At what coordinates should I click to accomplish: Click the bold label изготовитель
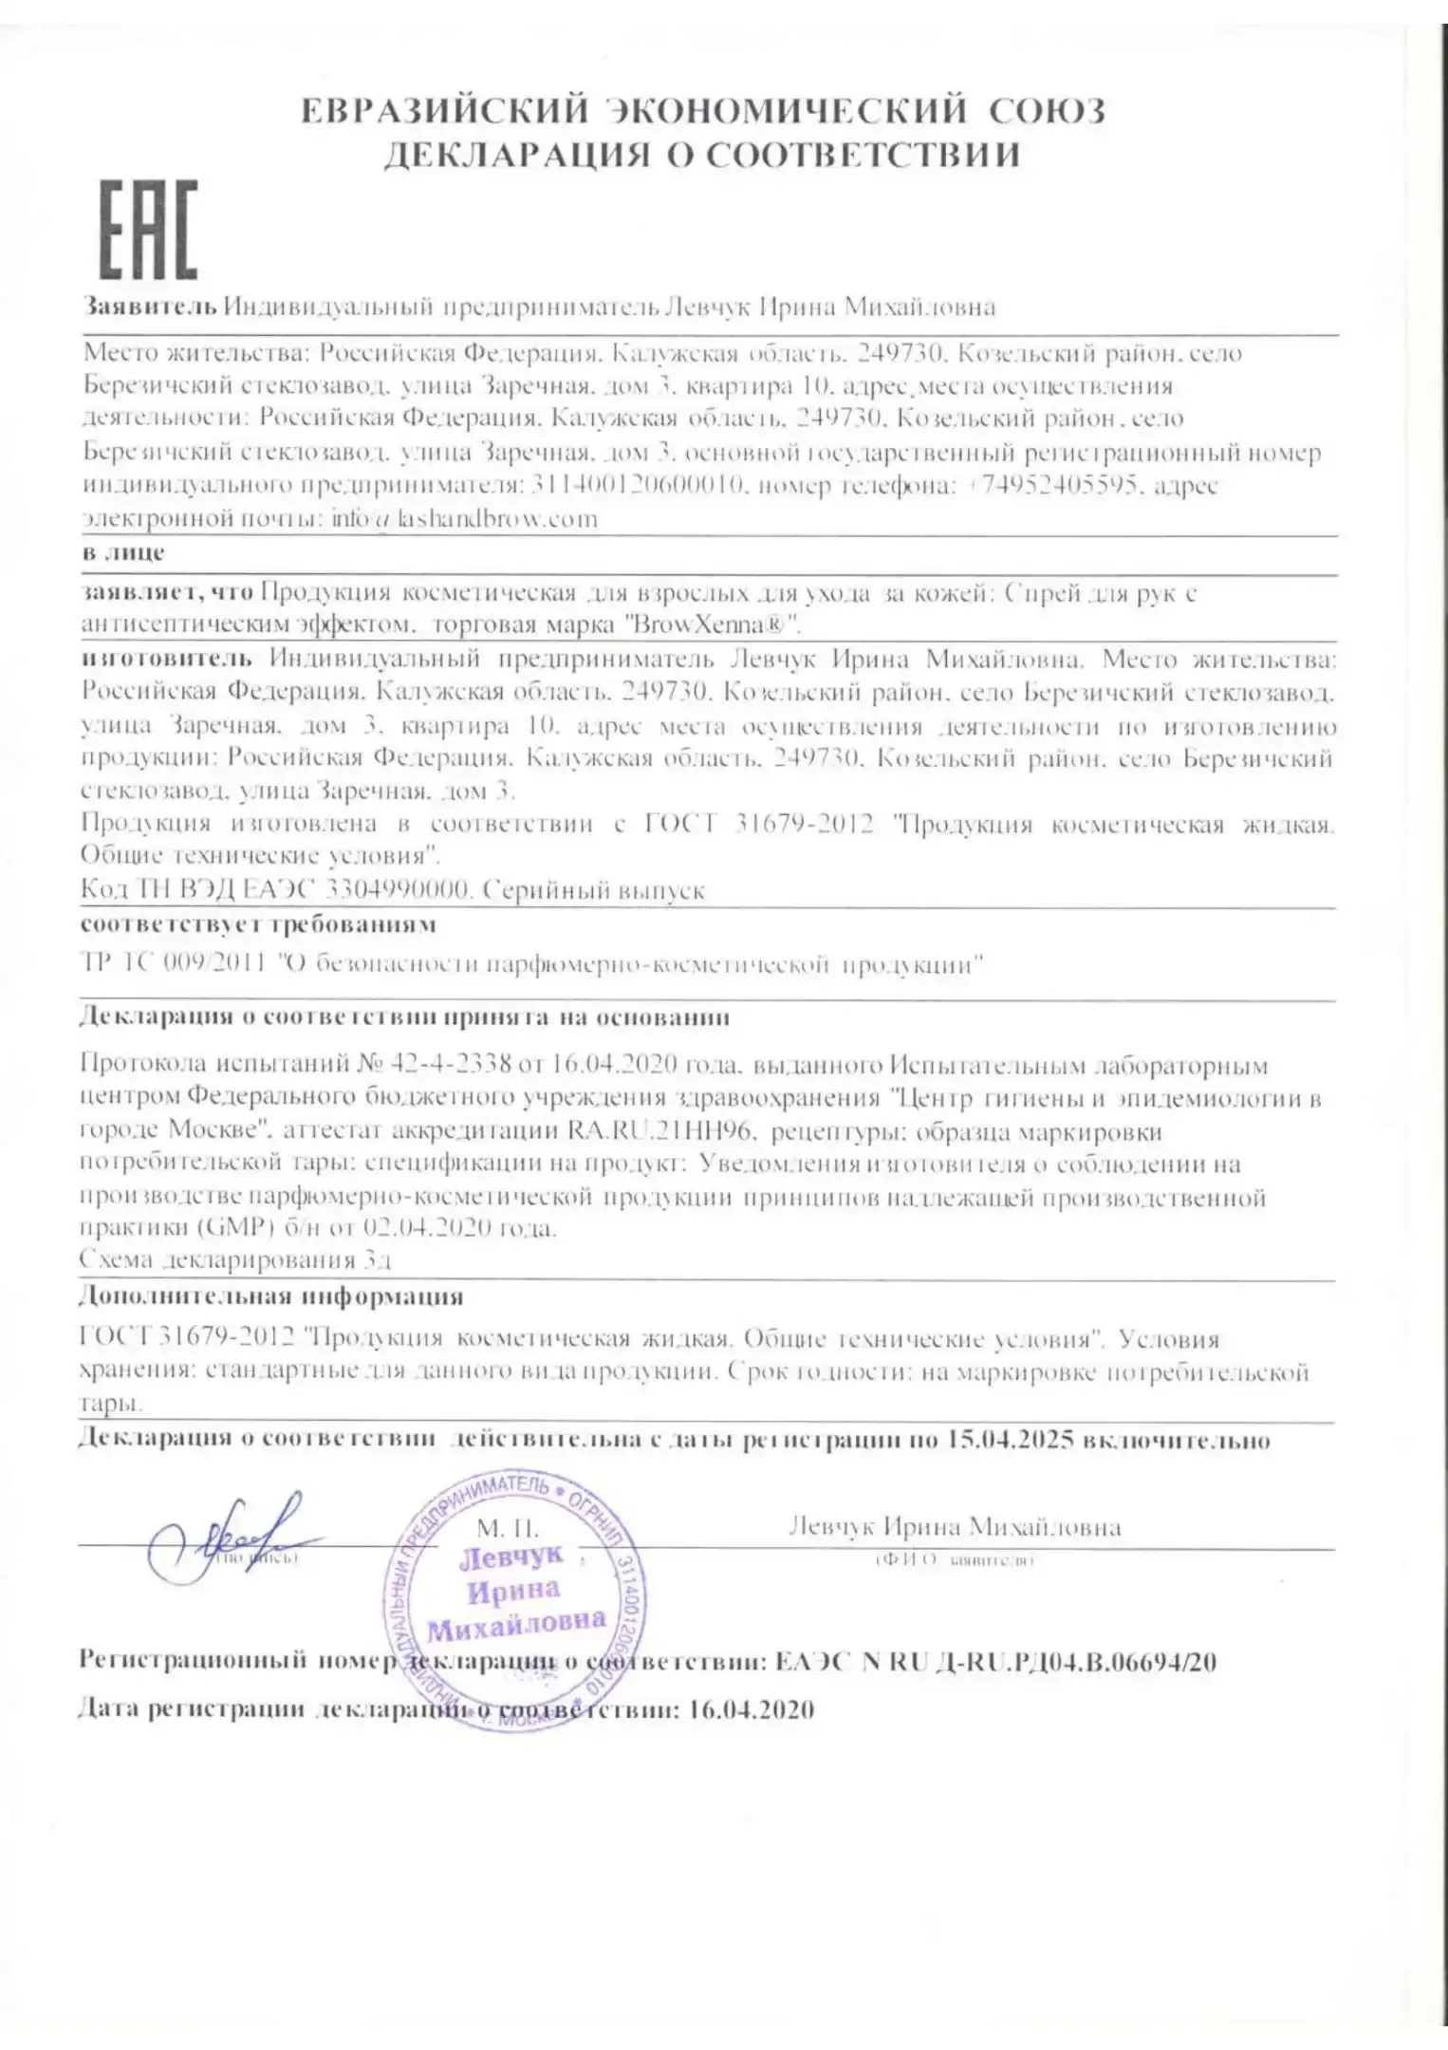(x=167, y=658)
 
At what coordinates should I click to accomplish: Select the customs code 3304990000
(x=398, y=890)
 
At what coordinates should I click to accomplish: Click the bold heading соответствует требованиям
(x=258, y=923)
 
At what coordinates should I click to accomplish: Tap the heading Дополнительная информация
(x=271, y=1295)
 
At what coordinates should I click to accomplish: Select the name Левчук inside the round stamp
(x=511, y=1557)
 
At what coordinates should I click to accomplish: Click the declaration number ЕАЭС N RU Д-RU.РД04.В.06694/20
(x=995, y=1661)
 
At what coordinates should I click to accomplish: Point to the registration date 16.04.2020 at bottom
(x=751, y=1709)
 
